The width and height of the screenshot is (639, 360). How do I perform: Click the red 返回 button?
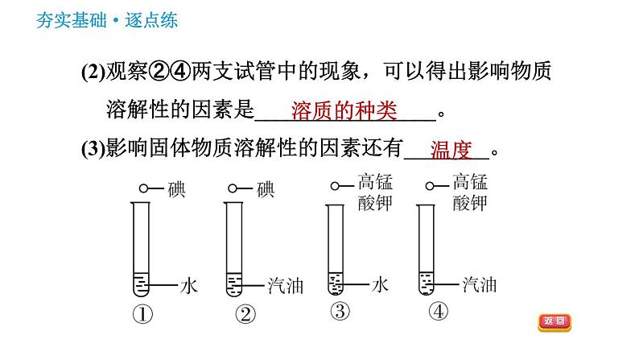(x=554, y=321)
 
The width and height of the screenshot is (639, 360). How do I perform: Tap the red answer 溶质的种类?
(x=344, y=111)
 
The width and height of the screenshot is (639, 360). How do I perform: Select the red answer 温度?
(x=451, y=150)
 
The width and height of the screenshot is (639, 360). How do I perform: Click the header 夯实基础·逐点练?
(x=107, y=20)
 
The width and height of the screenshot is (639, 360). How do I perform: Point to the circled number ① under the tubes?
(x=142, y=314)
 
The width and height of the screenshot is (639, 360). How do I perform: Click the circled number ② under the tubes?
(x=245, y=314)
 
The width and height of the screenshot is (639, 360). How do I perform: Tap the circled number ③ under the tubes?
(x=340, y=312)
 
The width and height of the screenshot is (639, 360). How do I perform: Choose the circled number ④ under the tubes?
(x=439, y=312)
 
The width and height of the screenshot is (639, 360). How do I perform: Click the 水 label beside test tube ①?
(x=188, y=286)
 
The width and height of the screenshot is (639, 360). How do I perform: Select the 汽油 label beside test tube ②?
(x=285, y=286)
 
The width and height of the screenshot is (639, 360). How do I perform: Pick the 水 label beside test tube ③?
(x=380, y=284)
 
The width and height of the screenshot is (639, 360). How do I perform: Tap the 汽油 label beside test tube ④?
(x=480, y=284)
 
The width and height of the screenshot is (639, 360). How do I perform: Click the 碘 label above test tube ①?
(x=177, y=189)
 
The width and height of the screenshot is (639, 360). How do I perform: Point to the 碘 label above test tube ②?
(x=266, y=189)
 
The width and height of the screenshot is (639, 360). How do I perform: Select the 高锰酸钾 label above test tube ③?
(x=375, y=192)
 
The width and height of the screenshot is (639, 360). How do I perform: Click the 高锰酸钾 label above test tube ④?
(x=470, y=192)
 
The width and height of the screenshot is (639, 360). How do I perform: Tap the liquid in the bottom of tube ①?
(x=141, y=283)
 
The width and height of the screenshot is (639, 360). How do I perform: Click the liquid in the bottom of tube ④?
(x=427, y=283)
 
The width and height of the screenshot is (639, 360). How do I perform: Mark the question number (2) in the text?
(x=93, y=72)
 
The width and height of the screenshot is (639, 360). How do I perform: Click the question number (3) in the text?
(x=93, y=148)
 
